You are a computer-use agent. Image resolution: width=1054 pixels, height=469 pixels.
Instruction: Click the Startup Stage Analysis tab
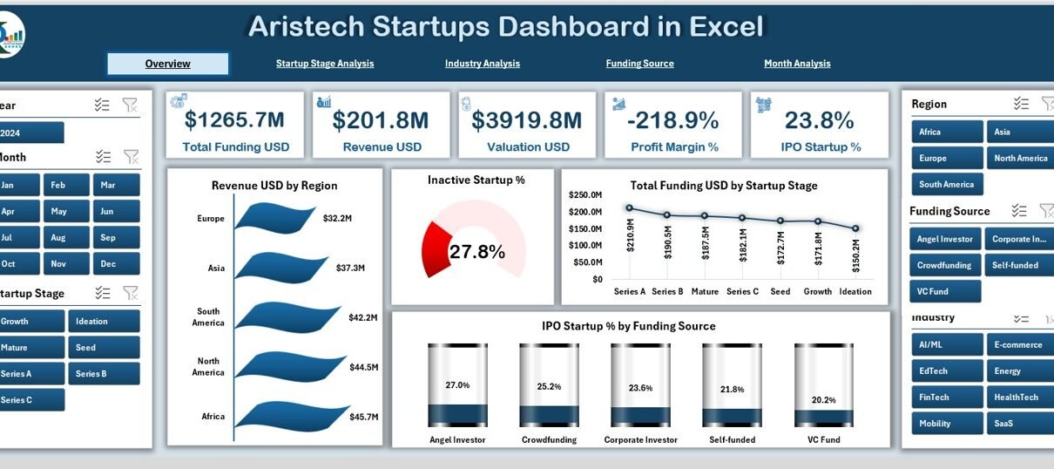(x=325, y=64)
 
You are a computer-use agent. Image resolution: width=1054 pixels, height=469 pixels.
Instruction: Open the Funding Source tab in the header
(x=639, y=64)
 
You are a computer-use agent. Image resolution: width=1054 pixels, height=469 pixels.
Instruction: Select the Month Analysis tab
(x=797, y=64)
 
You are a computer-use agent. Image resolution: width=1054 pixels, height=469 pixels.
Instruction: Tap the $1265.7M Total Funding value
(x=235, y=120)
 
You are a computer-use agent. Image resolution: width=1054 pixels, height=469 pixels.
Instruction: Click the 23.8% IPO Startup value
(x=819, y=120)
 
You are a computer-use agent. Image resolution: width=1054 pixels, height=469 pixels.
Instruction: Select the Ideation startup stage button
(x=103, y=322)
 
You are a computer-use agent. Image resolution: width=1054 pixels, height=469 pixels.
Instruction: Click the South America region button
(x=947, y=185)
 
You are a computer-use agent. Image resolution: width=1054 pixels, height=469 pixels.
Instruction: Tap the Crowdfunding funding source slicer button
(x=944, y=265)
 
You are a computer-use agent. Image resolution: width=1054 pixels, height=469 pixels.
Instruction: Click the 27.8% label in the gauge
(x=476, y=253)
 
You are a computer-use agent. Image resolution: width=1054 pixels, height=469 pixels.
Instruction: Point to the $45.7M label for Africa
(x=363, y=418)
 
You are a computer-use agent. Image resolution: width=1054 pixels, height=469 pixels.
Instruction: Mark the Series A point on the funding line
(x=629, y=208)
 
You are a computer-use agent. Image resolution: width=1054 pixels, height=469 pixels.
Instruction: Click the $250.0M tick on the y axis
(x=585, y=195)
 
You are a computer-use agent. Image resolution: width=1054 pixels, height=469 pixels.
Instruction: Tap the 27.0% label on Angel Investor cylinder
(x=457, y=385)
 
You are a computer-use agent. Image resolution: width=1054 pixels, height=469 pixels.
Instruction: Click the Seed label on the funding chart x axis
(x=780, y=292)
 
